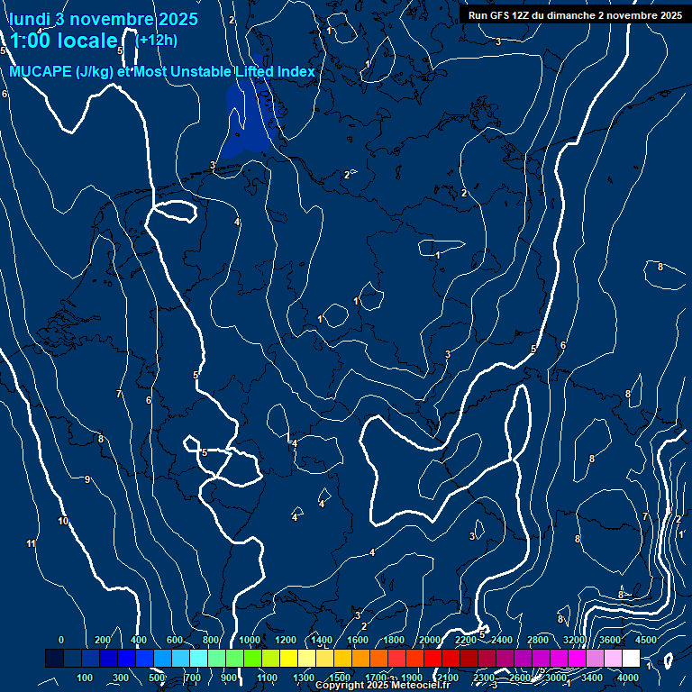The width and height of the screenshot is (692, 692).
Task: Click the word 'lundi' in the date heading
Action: (31, 19)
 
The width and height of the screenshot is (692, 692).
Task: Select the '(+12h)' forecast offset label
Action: (156, 40)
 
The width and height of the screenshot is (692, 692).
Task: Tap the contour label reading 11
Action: (31, 543)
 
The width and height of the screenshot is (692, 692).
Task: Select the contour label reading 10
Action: (63, 521)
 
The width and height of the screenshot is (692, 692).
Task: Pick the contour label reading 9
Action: (87, 479)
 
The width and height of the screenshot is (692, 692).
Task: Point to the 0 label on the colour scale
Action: (60, 640)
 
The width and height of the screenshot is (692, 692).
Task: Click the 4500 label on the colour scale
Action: (646, 640)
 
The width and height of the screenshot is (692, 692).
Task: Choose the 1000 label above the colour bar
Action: (250, 640)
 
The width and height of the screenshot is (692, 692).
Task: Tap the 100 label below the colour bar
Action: (86, 678)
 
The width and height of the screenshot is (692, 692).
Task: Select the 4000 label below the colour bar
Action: (629, 678)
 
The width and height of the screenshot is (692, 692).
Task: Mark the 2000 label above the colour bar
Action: (430, 640)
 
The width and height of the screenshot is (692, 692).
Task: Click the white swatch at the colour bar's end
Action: (631, 660)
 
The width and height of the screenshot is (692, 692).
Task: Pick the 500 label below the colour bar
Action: (158, 678)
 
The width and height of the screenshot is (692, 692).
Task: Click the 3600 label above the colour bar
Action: (610, 640)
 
